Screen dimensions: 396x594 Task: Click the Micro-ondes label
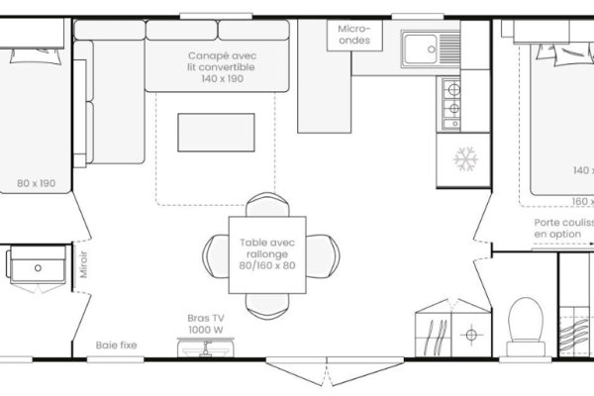pos(353,35)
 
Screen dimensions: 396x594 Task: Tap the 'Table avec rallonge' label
pos(266,248)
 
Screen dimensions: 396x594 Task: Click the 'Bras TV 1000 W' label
pos(206,324)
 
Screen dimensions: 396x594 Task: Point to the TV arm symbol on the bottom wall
pos(206,346)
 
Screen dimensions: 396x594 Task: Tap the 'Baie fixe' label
pos(116,346)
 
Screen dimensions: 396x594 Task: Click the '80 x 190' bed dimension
pos(35,183)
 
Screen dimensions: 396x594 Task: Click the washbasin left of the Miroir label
pos(38,266)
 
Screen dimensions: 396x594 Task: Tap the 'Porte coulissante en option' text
pos(563,228)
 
